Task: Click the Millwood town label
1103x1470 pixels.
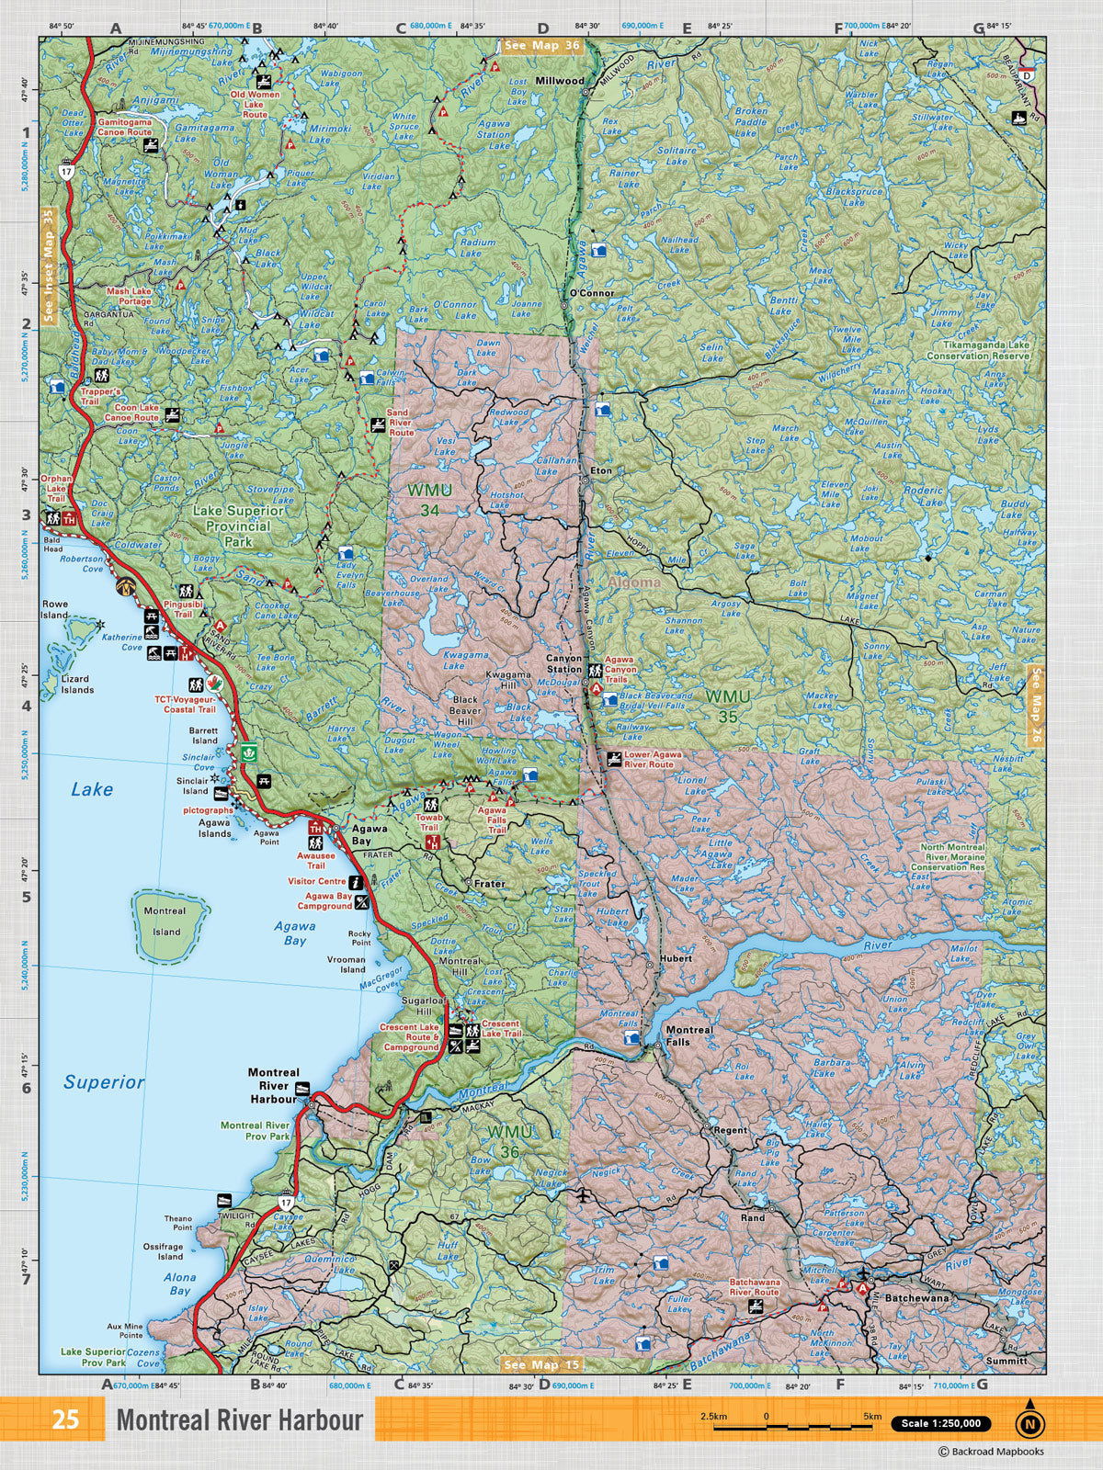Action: (560, 81)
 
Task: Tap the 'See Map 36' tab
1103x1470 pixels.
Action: (541, 46)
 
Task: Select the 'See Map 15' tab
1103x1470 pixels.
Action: (541, 1364)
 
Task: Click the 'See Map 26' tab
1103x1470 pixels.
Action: (1036, 706)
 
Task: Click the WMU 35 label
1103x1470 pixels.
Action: (728, 706)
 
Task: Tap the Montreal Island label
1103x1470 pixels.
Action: (165, 921)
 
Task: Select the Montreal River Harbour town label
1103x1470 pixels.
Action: (274, 1085)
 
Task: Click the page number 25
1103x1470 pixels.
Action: (64, 1420)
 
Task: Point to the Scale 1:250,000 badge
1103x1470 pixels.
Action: (941, 1424)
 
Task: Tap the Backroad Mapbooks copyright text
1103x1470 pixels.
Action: (990, 1452)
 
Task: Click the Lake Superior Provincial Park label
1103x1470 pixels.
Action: (238, 526)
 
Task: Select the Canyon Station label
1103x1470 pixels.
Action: (564, 663)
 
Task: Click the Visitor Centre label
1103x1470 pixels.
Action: (316, 881)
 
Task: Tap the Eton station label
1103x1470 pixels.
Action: (601, 470)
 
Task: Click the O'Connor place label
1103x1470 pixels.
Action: (591, 293)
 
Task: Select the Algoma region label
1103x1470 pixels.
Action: (633, 582)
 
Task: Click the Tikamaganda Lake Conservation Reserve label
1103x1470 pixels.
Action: (978, 350)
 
